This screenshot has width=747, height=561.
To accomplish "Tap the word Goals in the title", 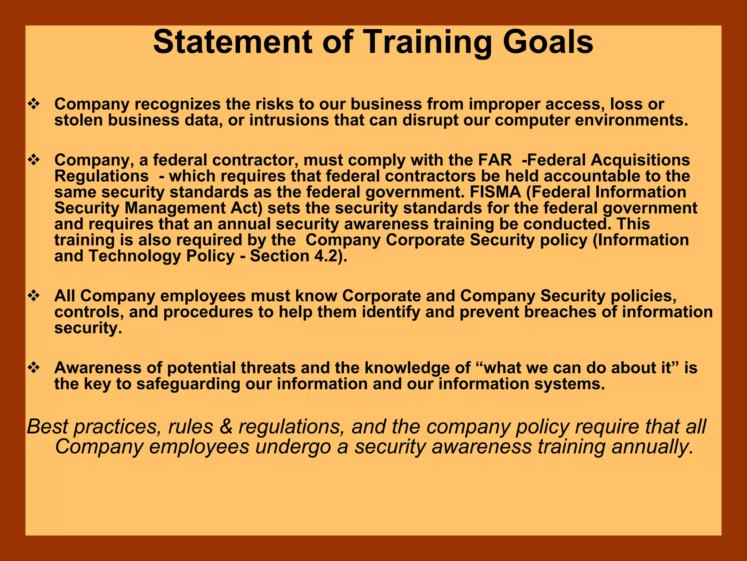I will click(548, 42).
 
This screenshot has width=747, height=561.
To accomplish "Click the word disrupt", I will click(430, 120).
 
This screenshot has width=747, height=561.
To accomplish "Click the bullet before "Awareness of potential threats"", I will click(34, 368).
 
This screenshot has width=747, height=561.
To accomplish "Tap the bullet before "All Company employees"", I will click(34, 296).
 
